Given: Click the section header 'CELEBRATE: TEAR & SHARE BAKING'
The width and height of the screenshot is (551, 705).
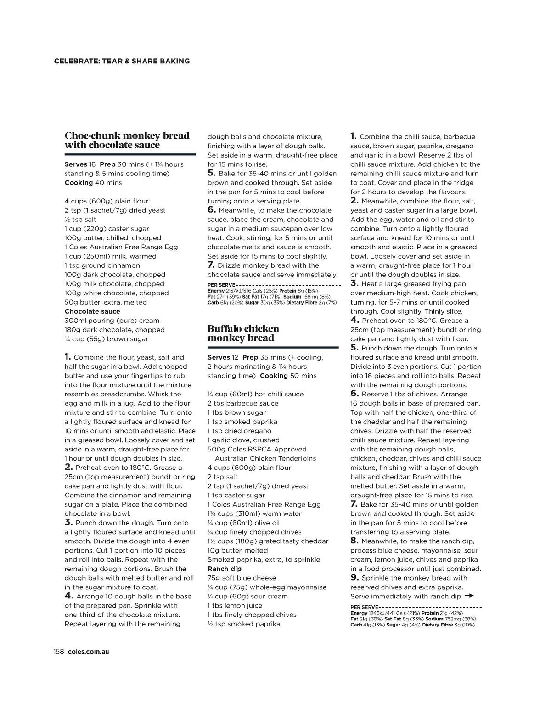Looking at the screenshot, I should pyautogui.click(x=122, y=61).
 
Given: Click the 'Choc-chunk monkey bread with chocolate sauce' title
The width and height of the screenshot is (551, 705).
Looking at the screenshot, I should pyautogui.click(x=127, y=141).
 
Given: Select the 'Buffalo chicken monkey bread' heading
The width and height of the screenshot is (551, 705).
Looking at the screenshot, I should pyautogui.click(x=243, y=333).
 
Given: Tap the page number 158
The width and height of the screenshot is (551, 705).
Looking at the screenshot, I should pyautogui.click(x=59, y=651).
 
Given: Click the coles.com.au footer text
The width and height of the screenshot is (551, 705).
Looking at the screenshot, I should pyautogui.click(x=88, y=651).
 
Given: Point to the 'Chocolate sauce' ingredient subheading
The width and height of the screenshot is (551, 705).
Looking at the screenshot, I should pyautogui.click(x=92, y=311).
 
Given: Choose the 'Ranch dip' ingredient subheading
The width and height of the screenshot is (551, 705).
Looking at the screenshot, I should pyautogui.click(x=225, y=569).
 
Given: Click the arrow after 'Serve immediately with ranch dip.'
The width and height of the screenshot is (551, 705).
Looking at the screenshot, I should pyautogui.click(x=469, y=596).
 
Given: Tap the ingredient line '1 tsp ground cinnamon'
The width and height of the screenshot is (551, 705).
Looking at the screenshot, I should pyautogui.click(x=102, y=265).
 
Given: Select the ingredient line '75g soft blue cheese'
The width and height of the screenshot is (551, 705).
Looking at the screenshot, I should pyautogui.click(x=242, y=578).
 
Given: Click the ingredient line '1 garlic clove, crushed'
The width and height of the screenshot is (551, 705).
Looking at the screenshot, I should pyautogui.click(x=243, y=440).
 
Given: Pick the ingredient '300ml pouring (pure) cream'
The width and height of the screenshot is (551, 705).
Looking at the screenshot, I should pyautogui.click(x=112, y=321).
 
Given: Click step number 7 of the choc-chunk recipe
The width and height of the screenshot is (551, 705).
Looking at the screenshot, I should pyautogui.click(x=211, y=265).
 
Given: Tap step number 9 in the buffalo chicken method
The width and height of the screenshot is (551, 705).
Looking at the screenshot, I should pyautogui.click(x=354, y=577).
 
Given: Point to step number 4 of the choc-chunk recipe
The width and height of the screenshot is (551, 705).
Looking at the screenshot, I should pyautogui.click(x=68, y=596).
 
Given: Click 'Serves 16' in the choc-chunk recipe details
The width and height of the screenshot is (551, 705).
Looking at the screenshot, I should pyautogui.click(x=80, y=164).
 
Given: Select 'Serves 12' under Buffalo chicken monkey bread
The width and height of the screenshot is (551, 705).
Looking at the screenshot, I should pyautogui.click(x=223, y=357).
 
